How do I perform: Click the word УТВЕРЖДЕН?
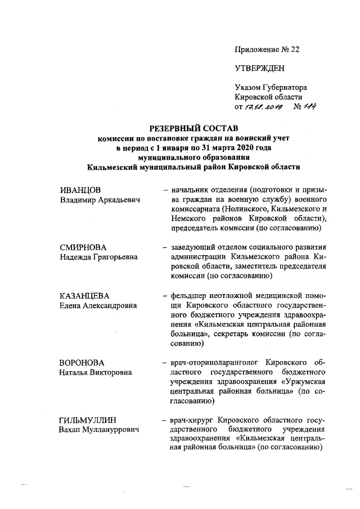(260, 68)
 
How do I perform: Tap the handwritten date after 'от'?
(263, 106)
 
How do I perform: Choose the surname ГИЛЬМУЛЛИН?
(89, 420)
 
